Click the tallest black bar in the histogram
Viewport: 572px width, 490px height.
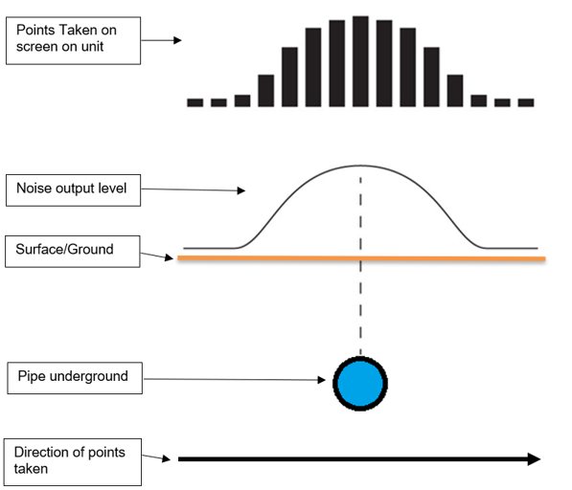coord(360,61)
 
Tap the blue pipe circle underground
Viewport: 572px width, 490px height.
coord(360,384)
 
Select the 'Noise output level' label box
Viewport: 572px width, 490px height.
coord(74,190)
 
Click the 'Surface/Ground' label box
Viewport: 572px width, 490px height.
coord(73,252)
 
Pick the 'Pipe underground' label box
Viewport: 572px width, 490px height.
coord(75,378)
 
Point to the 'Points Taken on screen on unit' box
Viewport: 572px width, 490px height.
coord(74,40)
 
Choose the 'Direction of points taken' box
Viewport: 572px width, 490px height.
coord(73,462)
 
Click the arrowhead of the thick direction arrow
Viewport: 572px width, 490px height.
coord(534,459)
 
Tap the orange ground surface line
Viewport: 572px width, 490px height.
coord(361,258)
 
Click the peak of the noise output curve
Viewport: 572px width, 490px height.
coord(360,167)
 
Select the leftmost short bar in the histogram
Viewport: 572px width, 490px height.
coord(195,102)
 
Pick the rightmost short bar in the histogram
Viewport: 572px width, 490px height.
coord(526,102)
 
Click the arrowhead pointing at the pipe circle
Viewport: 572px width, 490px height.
coord(322,380)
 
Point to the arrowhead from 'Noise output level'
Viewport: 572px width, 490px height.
coord(241,190)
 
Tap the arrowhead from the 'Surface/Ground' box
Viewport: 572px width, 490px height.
coord(169,257)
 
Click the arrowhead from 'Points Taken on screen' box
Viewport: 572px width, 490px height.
coord(177,40)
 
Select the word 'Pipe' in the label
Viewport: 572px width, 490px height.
coord(31,376)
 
